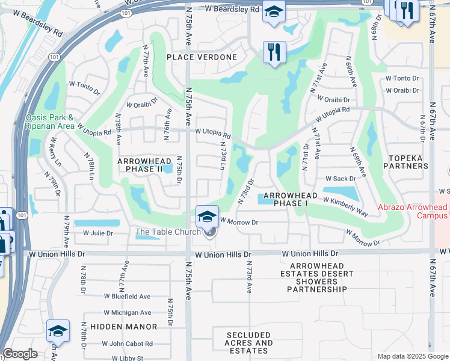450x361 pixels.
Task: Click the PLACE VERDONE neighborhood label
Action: [202, 57]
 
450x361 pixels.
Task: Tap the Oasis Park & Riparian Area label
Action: [50, 122]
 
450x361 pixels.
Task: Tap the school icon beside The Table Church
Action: [207, 216]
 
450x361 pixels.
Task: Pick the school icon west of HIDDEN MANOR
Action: [58, 330]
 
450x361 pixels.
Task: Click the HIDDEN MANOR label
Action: [123, 327]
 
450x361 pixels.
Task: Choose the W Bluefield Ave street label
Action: [127, 297]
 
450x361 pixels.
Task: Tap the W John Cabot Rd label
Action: [128, 344]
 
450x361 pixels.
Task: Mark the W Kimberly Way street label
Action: [345, 206]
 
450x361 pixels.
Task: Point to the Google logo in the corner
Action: [20, 354]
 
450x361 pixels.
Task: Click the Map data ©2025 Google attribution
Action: [413, 356]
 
